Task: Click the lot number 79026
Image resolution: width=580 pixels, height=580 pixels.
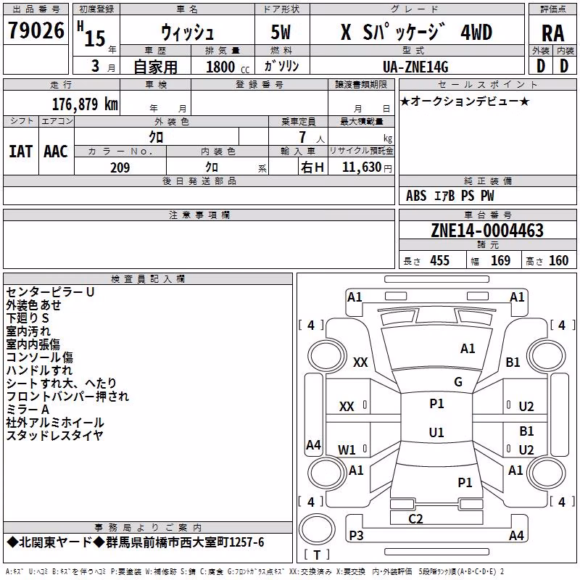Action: [x=36, y=30]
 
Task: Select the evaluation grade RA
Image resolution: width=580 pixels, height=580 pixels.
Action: [x=552, y=33]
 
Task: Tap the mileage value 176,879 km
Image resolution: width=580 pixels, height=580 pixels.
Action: [x=85, y=104]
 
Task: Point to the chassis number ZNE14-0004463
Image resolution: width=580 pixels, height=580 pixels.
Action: [x=487, y=231]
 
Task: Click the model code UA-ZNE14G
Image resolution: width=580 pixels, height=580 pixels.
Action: [x=415, y=67]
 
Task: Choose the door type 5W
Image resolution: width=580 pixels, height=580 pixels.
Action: [x=281, y=32]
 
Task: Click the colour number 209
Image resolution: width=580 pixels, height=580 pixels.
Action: [x=120, y=167]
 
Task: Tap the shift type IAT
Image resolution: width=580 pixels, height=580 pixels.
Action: [x=21, y=152]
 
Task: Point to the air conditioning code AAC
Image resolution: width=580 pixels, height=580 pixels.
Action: [x=56, y=152]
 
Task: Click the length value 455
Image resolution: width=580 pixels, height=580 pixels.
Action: [x=440, y=260]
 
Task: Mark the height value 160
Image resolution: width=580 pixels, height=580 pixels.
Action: [x=558, y=260]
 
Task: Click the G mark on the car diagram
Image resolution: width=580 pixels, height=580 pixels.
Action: [x=458, y=382]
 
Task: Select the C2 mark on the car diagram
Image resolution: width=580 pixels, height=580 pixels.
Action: [x=415, y=518]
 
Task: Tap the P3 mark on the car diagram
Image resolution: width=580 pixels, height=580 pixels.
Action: [x=356, y=535]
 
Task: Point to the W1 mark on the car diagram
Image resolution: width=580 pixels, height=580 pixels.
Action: [x=347, y=449]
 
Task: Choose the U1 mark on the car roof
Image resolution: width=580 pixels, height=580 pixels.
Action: [x=436, y=432]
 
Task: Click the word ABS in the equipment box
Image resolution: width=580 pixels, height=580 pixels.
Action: [x=416, y=196]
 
